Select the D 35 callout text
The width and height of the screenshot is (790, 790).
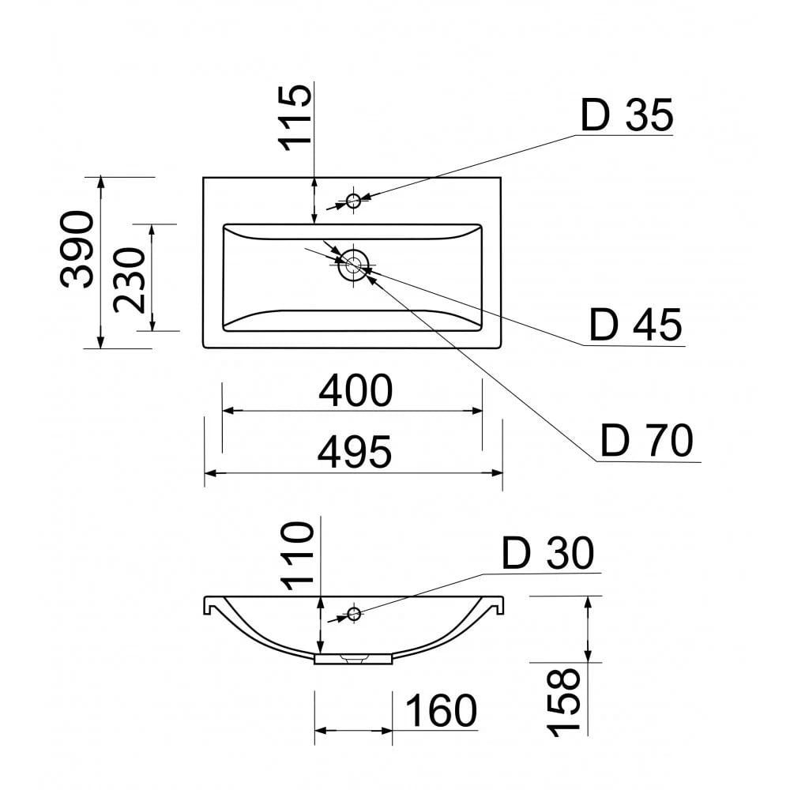click(x=626, y=115)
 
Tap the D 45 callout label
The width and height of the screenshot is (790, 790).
click(x=635, y=325)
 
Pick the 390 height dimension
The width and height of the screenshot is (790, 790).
click(x=77, y=250)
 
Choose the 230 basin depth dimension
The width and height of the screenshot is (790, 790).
click(x=130, y=280)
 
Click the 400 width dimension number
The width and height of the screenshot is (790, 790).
click(x=355, y=390)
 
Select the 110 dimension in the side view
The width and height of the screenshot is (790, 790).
click(x=297, y=555)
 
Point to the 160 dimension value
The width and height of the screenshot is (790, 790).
click(x=441, y=710)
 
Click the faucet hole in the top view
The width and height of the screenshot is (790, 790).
click(x=354, y=201)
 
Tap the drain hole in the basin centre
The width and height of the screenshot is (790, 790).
click(x=354, y=264)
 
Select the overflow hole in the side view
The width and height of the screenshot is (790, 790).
click(x=354, y=614)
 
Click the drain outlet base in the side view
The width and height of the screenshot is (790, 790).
click(x=353, y=659)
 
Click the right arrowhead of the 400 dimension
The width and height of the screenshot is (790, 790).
click(x=476, y=411)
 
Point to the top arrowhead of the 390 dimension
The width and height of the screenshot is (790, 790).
click(x=101, y=183)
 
